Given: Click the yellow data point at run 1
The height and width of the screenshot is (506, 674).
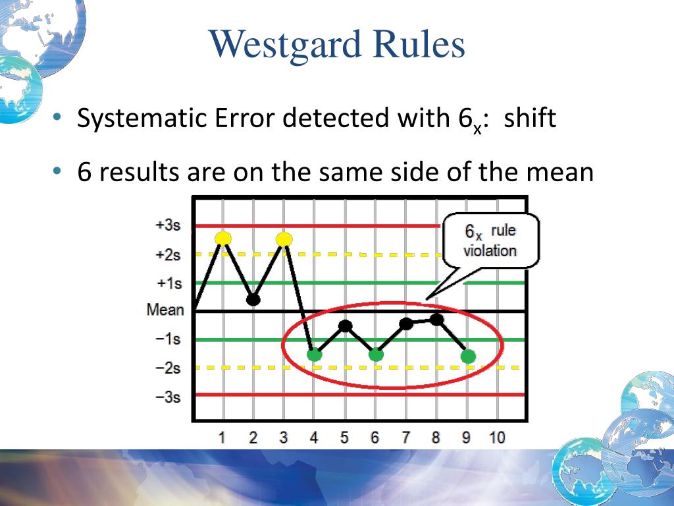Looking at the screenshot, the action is pos(223,239).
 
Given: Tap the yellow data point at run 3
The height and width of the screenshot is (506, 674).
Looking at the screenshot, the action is pos(284,239).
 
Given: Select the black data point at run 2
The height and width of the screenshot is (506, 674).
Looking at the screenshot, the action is pos(253,299).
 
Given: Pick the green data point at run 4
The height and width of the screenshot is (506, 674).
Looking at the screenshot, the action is pos(315,355).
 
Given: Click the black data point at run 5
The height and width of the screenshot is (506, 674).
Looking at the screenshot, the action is pos(345,326).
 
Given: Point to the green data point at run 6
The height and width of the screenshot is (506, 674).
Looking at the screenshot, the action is pos(376,355).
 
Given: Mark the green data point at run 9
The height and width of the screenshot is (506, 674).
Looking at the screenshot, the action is pos(468,356).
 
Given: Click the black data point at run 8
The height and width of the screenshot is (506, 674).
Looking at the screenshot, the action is pos(437,320).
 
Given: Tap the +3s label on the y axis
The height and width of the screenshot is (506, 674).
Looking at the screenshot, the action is pos(168,225).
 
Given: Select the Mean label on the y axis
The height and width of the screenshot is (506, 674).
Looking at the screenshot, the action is pos(165,310).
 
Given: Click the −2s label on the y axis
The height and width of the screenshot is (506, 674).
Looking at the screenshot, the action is pos(168,368).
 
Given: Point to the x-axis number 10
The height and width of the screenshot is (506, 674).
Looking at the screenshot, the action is pos(498,437).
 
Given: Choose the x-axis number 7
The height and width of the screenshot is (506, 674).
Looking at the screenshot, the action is pos(405,437).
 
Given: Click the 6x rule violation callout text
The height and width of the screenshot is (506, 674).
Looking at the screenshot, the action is pos(490,241).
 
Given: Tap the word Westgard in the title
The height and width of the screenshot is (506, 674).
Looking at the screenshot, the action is pos(285,45).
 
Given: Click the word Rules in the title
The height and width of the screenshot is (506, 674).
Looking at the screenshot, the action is pos(419,44).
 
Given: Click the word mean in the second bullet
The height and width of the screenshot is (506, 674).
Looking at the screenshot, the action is pos(560,172).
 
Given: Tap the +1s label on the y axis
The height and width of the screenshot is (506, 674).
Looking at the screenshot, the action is pos(169,283).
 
